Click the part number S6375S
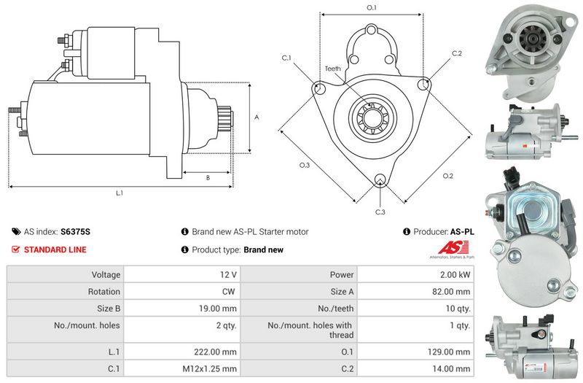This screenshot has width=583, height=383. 75,231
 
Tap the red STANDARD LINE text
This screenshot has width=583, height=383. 55,249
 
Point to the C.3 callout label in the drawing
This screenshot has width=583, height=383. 380,212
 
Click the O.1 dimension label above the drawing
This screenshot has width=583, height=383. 371,7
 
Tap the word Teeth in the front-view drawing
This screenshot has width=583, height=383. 332,69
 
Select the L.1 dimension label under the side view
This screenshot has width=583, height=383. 120,193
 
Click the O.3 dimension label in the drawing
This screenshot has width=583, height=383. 305,165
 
